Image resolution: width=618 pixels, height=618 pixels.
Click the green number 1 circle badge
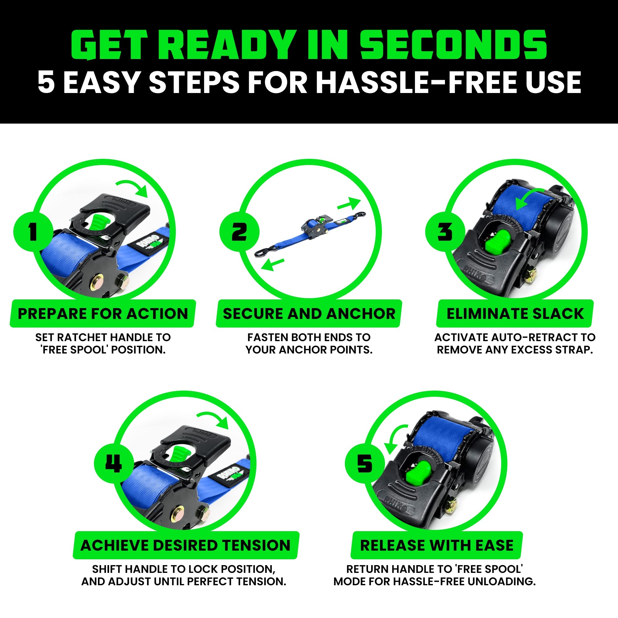point(33,231)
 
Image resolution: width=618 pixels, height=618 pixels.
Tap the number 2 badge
point(239,231)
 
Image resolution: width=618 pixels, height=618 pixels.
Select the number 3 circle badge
point(445,231)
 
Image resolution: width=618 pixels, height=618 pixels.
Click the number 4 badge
point(113,463)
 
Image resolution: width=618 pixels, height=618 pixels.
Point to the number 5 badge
point(364,463)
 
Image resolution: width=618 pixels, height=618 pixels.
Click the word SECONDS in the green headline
point(453,45)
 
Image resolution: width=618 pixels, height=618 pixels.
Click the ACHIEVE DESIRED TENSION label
point(185,545)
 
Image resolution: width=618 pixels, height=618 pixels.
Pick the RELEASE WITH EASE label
point(437,545)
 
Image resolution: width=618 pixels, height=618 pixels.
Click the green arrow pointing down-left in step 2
point(272,264)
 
